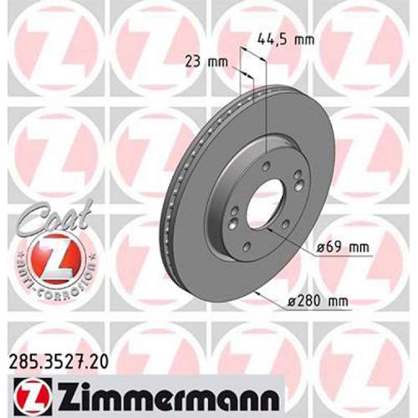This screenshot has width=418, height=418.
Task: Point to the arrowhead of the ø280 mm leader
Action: (266, 291)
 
